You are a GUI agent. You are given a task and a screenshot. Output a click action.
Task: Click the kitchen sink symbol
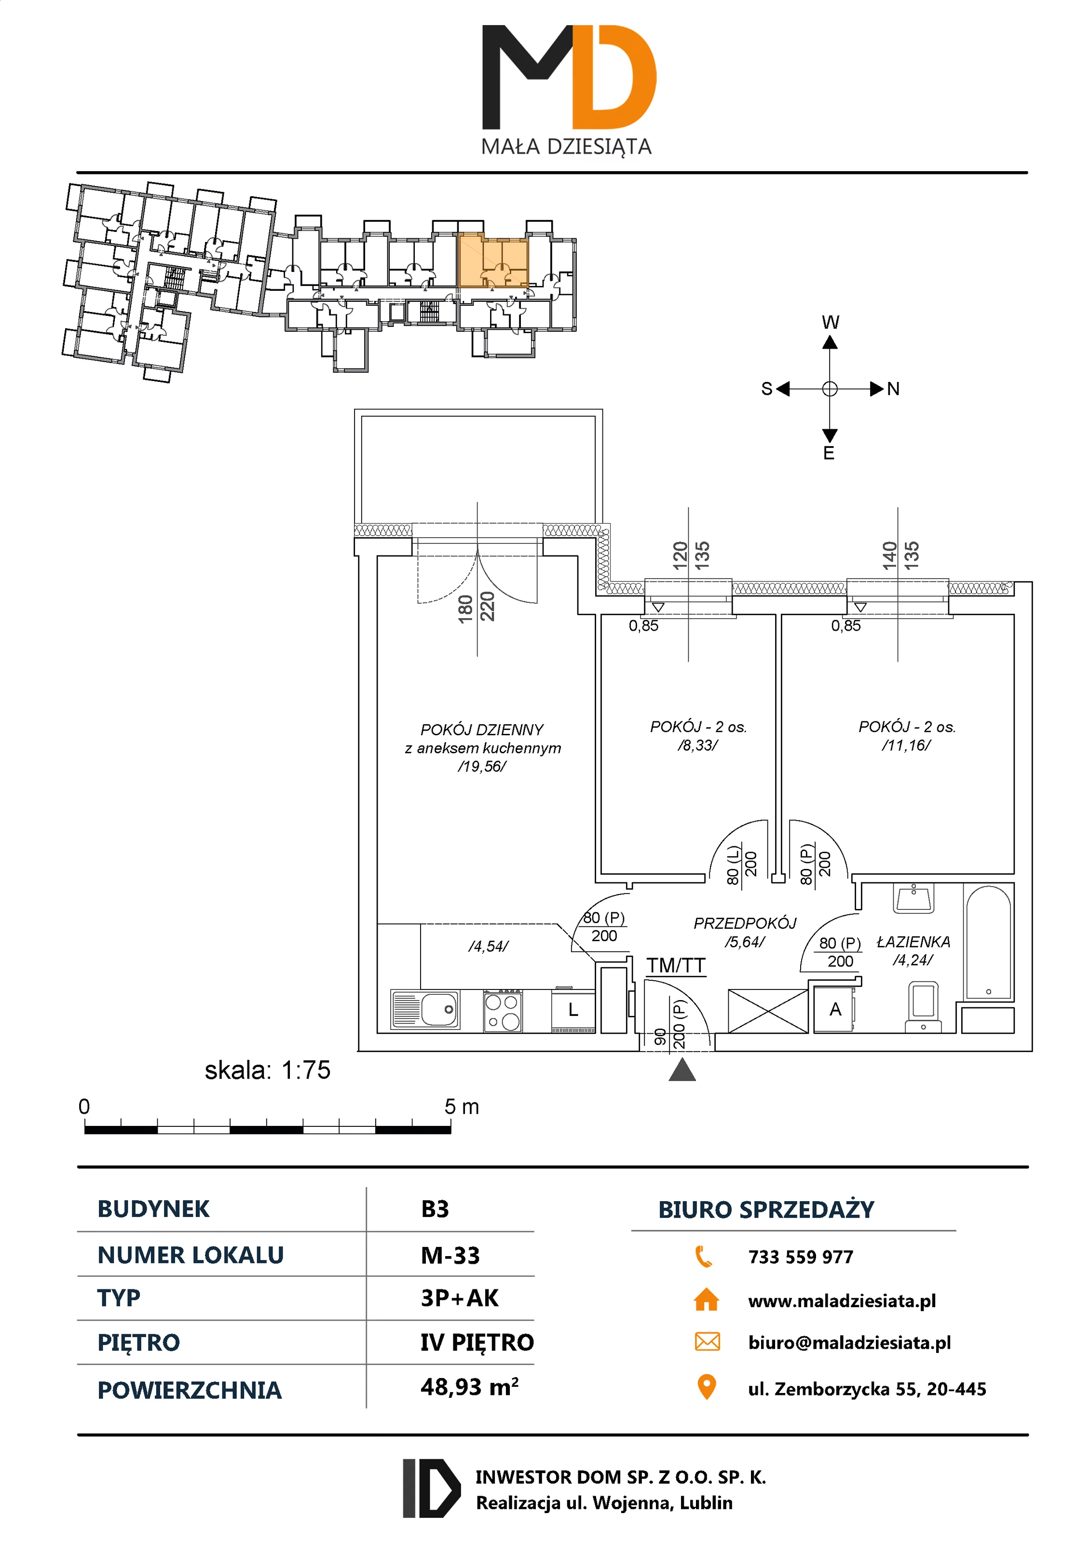pos(425,1009)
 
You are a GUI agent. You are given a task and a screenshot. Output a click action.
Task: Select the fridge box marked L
pos(573,1010)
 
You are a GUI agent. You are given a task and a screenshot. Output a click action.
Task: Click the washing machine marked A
pos(835,1009)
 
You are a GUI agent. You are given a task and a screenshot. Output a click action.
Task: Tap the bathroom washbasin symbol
pos(914,898)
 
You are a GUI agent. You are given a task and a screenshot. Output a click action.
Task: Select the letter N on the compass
pos(893,389)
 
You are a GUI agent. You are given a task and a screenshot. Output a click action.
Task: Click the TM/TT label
pos(676,966)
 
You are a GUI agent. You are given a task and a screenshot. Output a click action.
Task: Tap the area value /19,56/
pos(482,766)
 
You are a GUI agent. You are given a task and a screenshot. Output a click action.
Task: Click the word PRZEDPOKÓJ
pos(745,923)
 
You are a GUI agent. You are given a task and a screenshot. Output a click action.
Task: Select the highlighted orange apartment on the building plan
pos(493,261)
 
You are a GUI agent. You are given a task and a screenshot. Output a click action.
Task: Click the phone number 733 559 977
pos(801,1257)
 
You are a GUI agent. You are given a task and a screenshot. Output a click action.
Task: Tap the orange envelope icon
pos(707,1341)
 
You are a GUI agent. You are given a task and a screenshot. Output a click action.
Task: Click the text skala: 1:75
pos(268,1070)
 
